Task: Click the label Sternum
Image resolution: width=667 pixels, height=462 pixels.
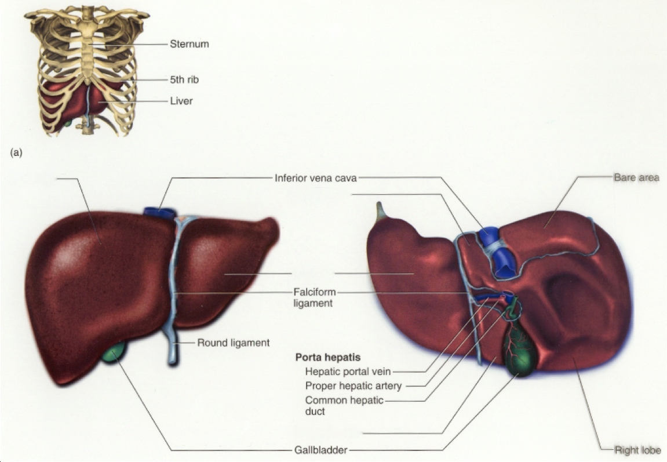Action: [189, 44]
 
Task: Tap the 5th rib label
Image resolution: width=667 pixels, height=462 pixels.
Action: [184, 79]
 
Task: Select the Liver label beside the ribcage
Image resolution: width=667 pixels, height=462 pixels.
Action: [181, 101]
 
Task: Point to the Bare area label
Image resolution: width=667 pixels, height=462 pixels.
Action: [636, 177]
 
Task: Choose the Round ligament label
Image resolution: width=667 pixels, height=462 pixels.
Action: [233, 343]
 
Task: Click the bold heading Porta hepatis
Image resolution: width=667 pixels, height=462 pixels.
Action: [328, 358]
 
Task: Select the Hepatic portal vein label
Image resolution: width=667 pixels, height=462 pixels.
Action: [348, 372]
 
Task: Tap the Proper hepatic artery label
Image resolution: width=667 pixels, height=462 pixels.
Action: [353, 386]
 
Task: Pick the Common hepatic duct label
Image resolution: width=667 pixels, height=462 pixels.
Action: [344, 405]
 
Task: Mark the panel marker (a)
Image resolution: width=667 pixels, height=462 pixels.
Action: [16, 153]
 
